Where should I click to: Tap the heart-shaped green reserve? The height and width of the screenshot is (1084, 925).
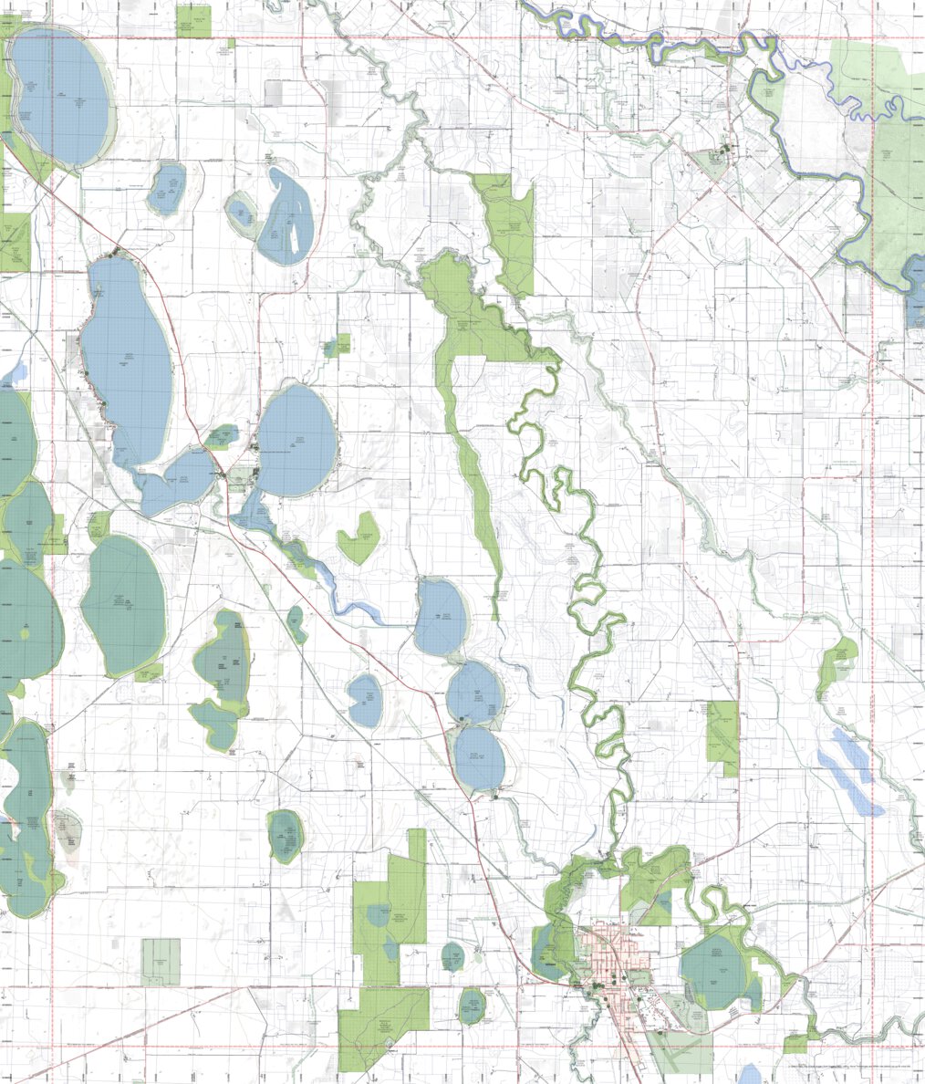click(358, 537)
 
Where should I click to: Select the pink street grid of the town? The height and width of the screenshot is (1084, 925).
click(603, 958)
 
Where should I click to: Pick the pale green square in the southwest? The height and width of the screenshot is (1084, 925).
click(161, 962)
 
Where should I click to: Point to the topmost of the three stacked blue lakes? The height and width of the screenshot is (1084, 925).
click(440, 617)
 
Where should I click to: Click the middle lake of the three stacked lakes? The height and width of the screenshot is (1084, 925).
click(474, 692)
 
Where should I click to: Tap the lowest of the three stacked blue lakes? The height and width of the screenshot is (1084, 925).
click(480, 757)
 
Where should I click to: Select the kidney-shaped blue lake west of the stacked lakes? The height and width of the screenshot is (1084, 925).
click(366, 700)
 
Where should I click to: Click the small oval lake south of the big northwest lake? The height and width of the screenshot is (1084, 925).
click(166, 187)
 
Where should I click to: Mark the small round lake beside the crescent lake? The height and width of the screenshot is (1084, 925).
click(241, 212)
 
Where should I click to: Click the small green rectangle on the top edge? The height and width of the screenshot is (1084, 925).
click(193, 21)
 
